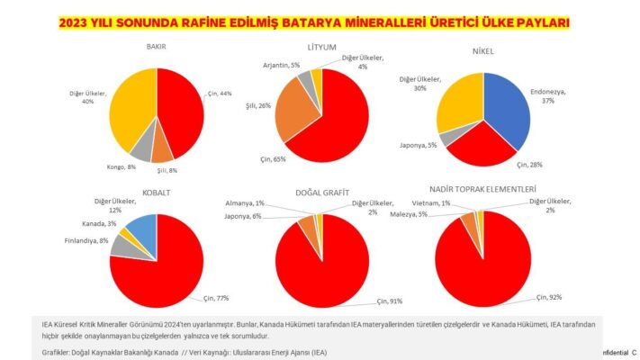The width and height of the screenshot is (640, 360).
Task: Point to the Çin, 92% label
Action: pyautogui.click(x=551, y=296)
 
